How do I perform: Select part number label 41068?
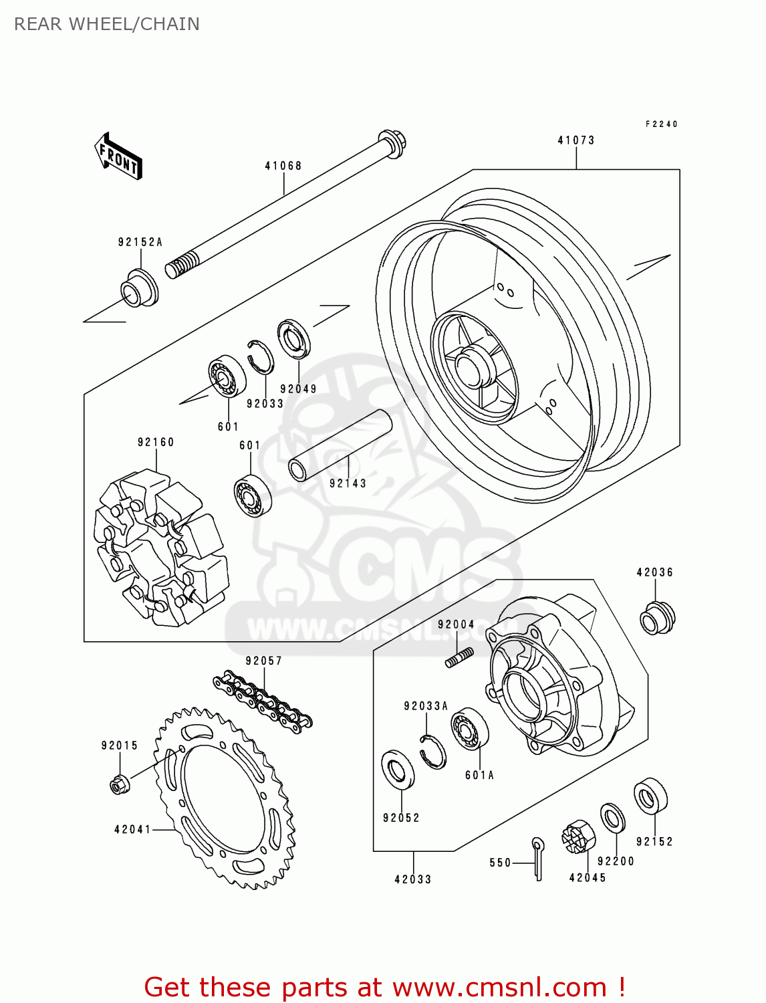(x=283, y=166)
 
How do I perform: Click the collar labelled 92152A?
(x=139, y=288)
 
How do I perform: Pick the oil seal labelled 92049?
(x=295, y=340)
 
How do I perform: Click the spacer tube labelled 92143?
(x=339, y=445)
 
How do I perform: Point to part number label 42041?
(x=132, y=830)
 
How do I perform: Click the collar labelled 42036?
(x=657, y=618)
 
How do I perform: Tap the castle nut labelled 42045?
(x=578, y=837)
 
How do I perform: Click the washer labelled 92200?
(x=612, y=818)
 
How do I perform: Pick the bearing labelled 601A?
(x=469, y=730)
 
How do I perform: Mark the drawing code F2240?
(x=661, y=124)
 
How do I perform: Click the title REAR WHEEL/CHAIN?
(x=107, y=24)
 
